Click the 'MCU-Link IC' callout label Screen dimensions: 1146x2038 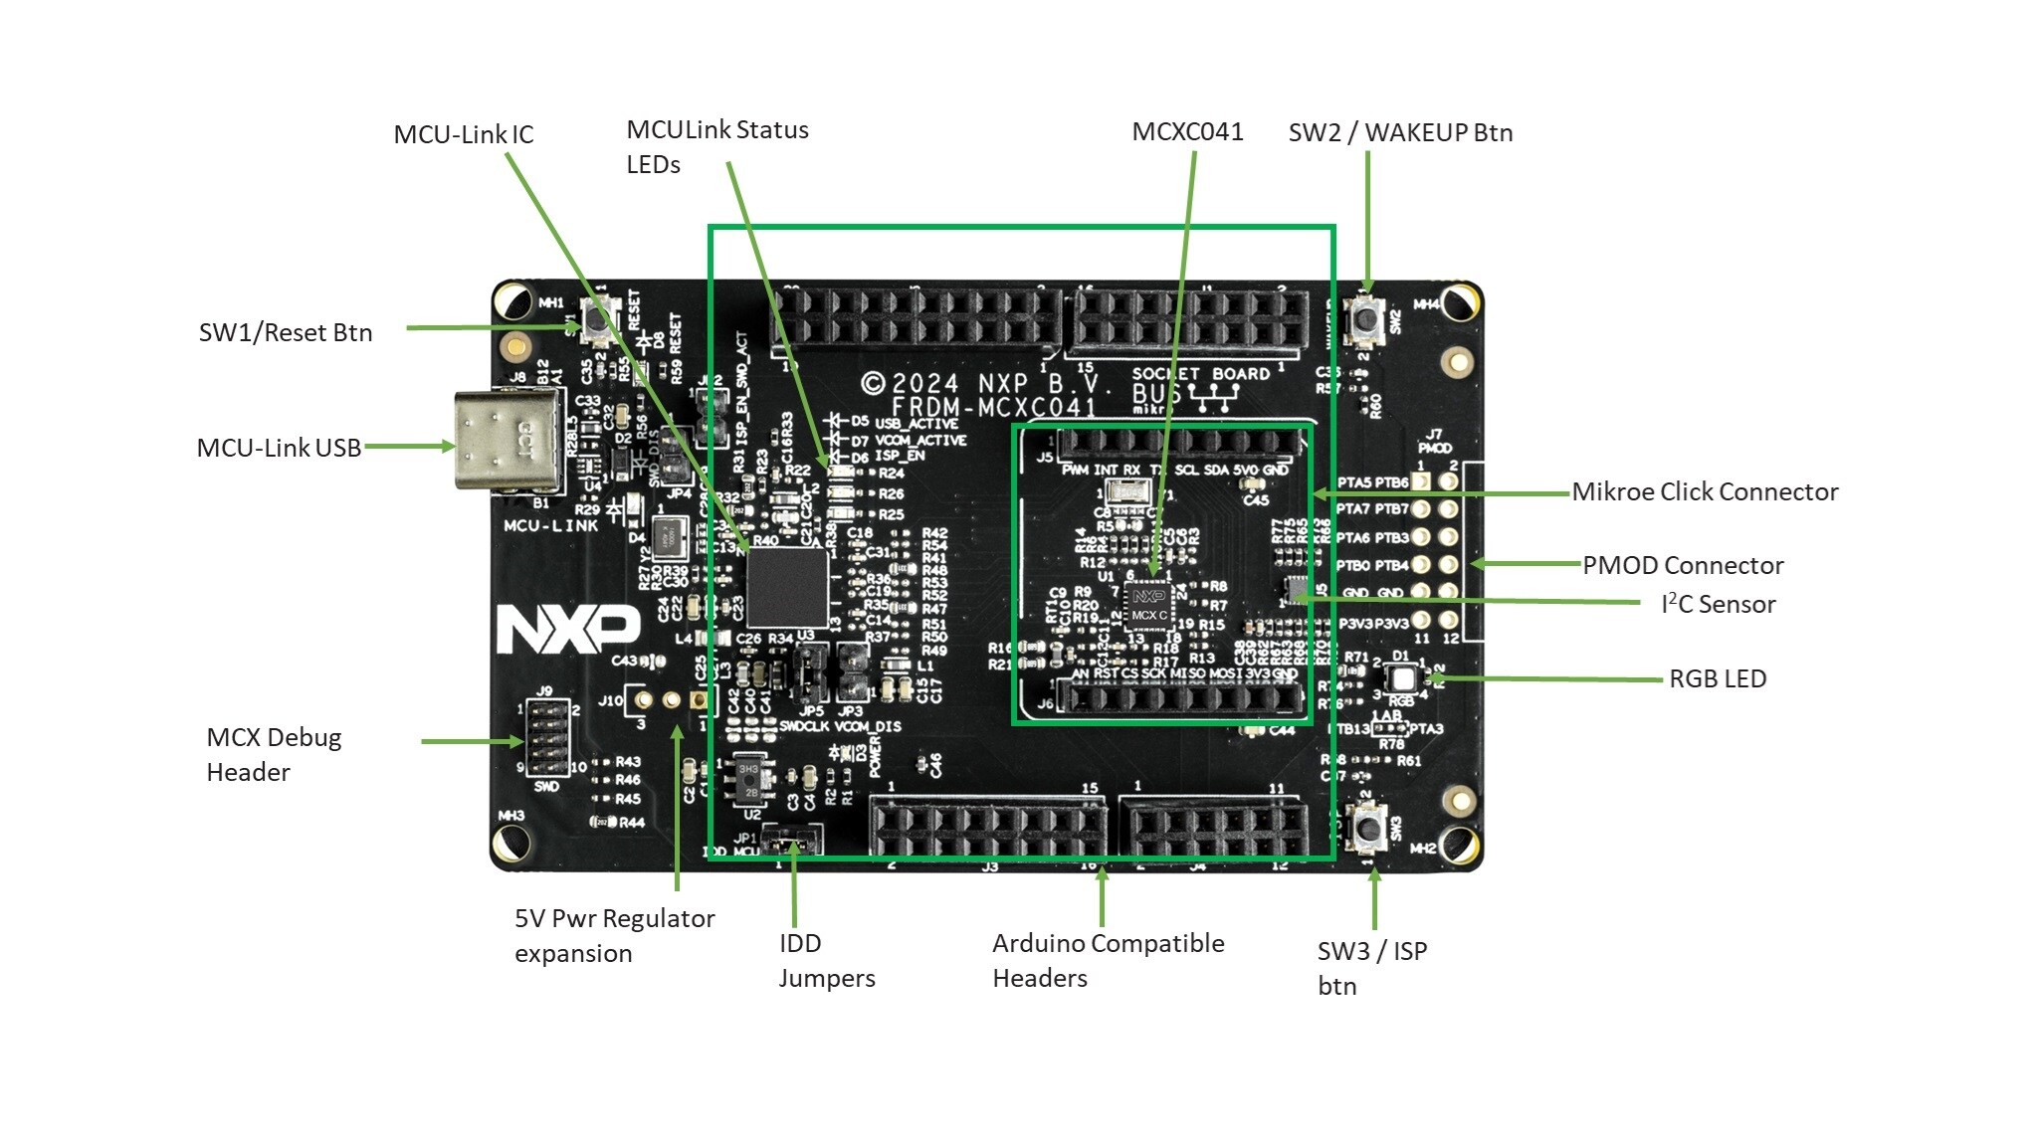click(x=463, y=134)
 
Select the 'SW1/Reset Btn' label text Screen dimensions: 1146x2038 click(x=286, y=332)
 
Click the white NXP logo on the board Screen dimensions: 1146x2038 click(x=568, y=628)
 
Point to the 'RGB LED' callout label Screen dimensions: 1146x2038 click(x=1718, y=678)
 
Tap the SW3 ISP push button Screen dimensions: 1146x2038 click(x=1369, y=827)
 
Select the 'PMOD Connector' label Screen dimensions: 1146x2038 click(x=1683, y=565)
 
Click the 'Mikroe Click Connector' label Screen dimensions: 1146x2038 click(x=1705, y=491)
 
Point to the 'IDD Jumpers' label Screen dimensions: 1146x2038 click(x=826, y=960)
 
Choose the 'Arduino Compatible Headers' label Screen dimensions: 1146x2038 click(x=1108, y=960)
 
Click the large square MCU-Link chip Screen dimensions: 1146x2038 click(x=787, y=586)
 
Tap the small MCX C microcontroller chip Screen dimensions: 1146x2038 click(x=1148, y=606)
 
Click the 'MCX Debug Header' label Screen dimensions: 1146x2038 click(x=274, y=754)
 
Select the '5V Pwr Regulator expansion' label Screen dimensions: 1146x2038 click(x=614, y=935)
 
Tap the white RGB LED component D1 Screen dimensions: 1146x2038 click(x=1402, y=679)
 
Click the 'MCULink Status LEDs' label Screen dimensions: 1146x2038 click(x=716, y=146)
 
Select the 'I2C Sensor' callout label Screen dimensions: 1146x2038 click(x=1718, y=604)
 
